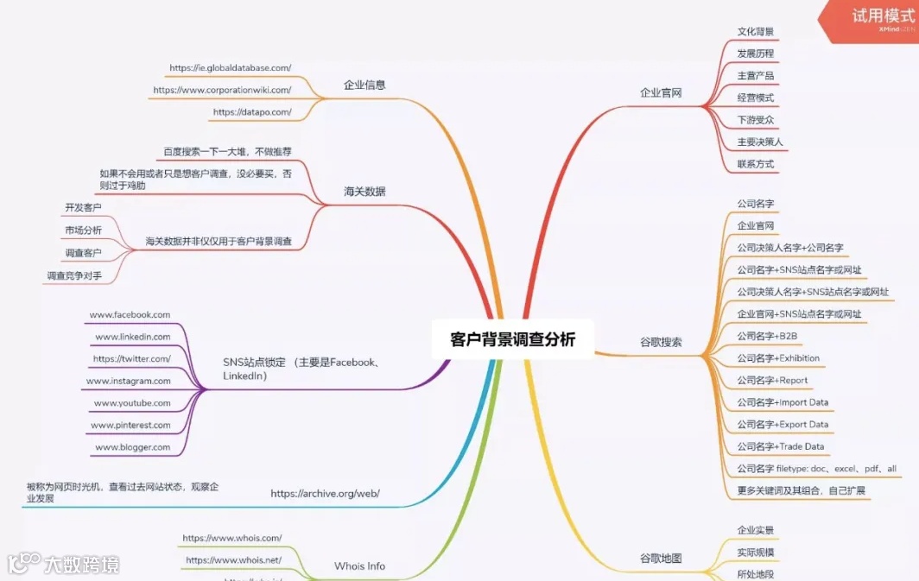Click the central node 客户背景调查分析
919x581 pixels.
pos(512,339)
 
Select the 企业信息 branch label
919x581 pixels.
pos(364,85)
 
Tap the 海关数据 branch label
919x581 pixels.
pos(364,192)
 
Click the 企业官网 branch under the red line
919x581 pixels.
pos(661,92)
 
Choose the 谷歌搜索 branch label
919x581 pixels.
pos(661,342)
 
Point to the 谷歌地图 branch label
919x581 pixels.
pos(661,559)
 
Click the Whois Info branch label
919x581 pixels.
pos(359,566)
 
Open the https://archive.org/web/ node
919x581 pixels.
pos(325,494)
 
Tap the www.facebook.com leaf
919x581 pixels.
pos(130,315)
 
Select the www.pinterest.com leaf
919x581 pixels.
pos(130,426)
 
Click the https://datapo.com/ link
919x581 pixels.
pos(251,112)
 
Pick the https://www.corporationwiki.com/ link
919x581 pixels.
pos(222,90)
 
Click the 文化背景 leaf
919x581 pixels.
pos(755,32)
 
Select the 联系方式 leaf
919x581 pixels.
pos(755,164)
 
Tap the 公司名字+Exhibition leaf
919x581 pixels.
pos(778,358)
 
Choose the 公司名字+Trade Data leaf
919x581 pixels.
pos(780,447)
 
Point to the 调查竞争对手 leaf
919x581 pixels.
pos(74,275)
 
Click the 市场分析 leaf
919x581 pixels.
pos(83,231)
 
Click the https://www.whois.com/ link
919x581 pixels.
pos(231,539)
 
